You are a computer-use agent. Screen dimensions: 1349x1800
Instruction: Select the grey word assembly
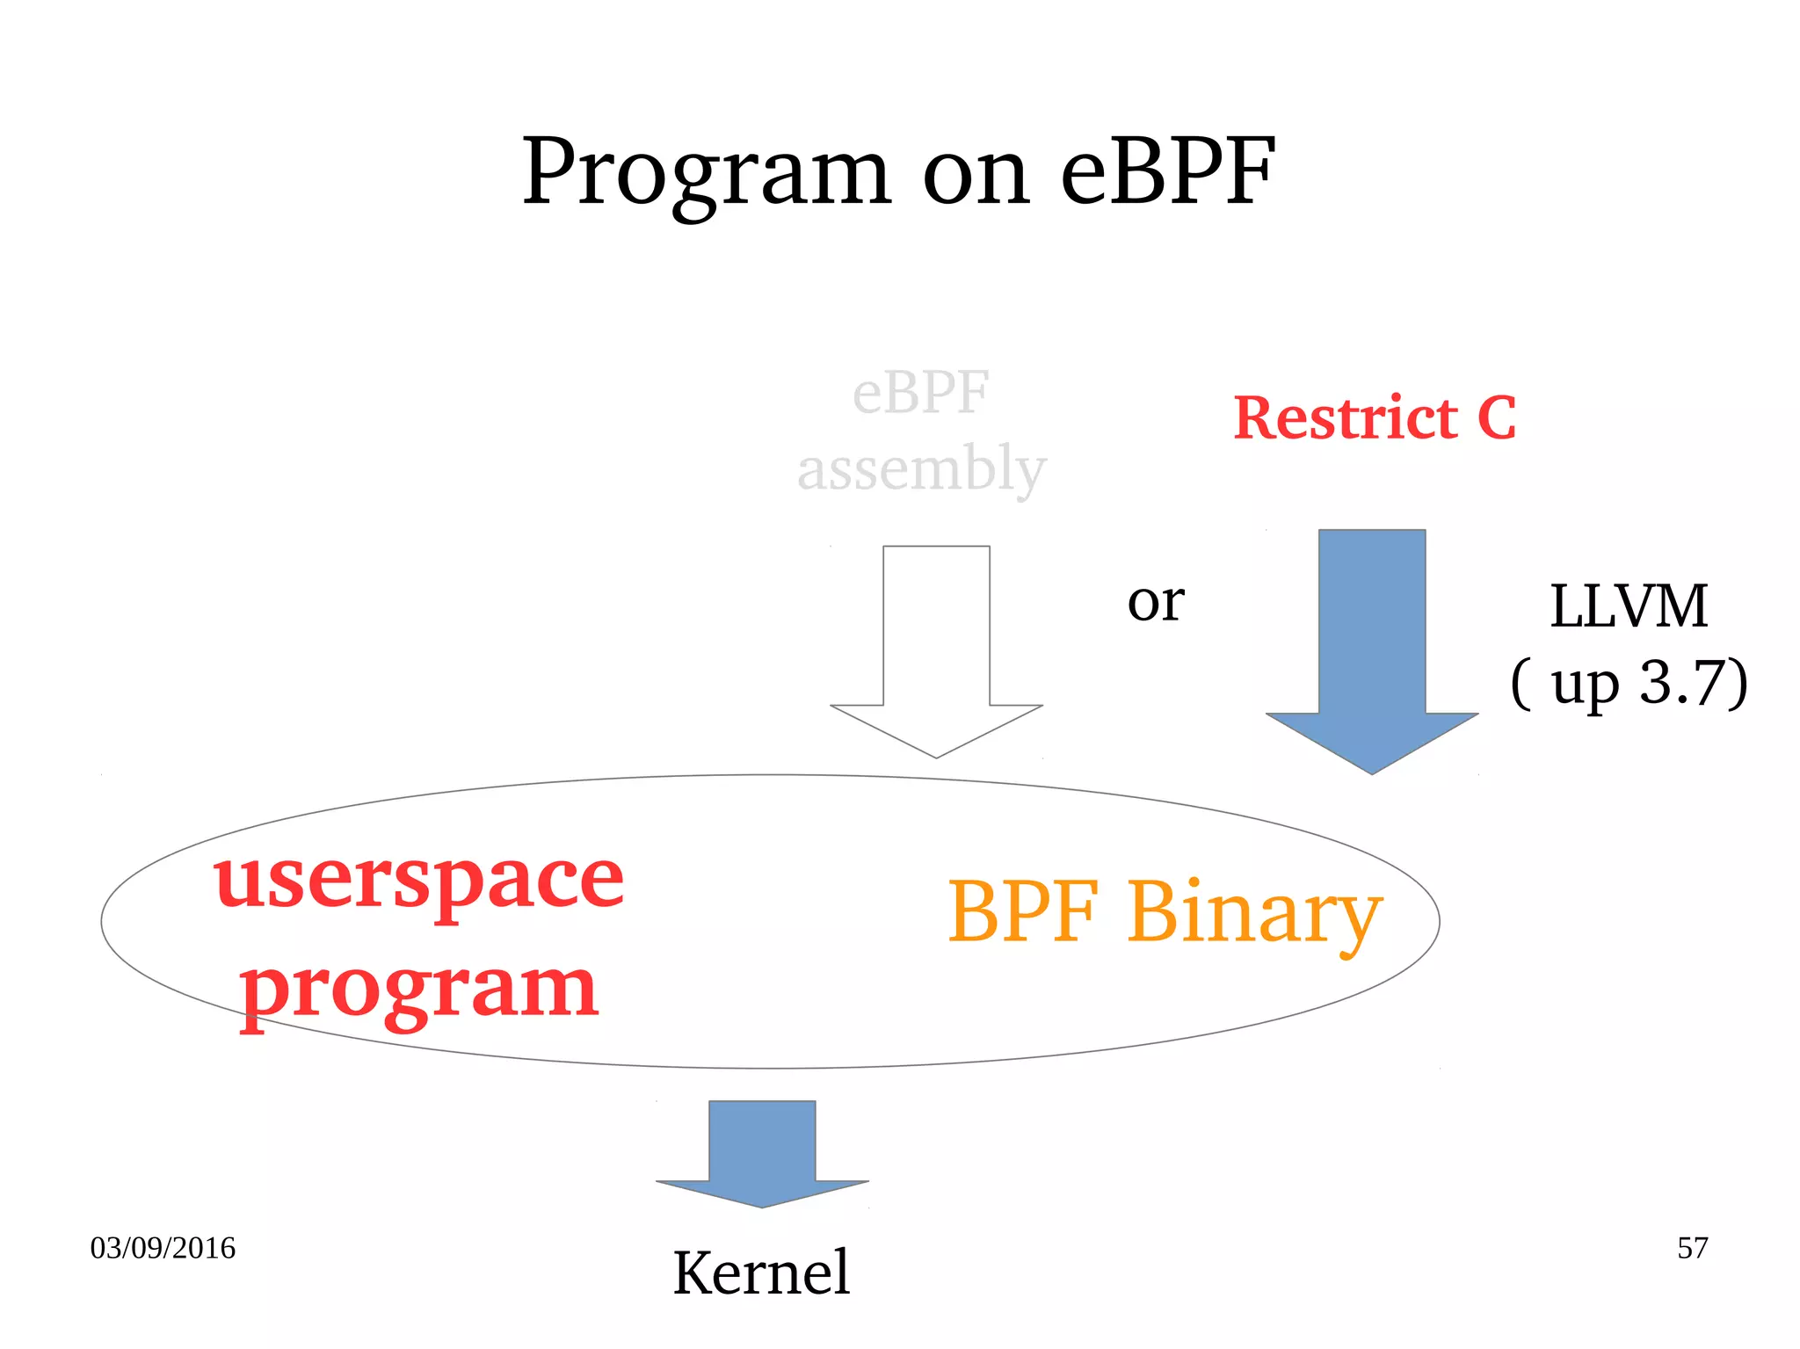pos(920,469)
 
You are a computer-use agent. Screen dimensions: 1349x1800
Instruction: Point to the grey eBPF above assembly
pos(920,393)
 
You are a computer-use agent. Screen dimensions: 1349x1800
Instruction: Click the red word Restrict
pos(1345,417)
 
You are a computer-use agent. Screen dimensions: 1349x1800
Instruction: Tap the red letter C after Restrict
pos(1496,417)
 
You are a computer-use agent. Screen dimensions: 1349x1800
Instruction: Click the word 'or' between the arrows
pos(1156,604)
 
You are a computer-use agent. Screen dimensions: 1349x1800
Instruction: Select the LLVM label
pos(1628,606)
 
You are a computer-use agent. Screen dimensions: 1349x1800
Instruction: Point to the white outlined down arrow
pos(936,650)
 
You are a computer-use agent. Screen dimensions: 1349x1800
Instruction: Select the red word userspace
pos(418,881)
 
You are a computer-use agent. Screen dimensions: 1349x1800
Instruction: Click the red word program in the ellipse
pos(419,989)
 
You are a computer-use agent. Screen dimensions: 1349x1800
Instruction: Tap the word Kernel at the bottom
pos(761,1273)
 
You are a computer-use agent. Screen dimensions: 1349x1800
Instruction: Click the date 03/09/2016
pos(163,1248)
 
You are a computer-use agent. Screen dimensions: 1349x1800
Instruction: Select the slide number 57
pos(1692,1248)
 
